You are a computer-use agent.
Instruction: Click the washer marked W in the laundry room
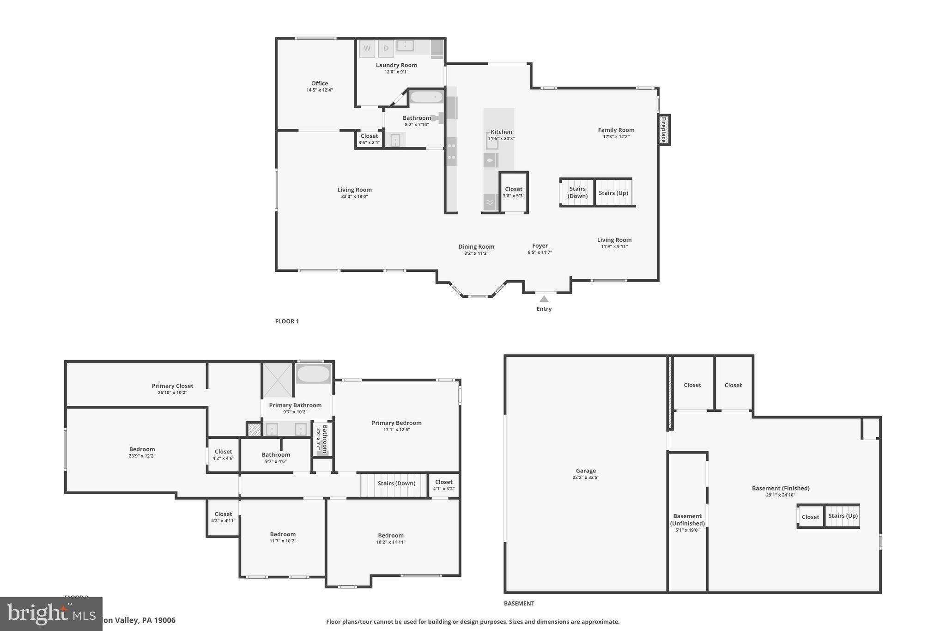[x=367, y=49]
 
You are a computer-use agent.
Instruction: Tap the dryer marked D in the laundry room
[x=386, y=49]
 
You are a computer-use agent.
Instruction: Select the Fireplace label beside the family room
[x=664, y=130]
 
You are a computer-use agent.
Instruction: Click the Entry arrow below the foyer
[x=544, y=299]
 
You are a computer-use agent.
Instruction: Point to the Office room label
[x=320, y=84]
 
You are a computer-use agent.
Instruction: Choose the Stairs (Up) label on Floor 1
[x=613, y=193]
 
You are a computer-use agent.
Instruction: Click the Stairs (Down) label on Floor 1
[x=577, y=192]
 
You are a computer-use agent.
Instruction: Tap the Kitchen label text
[x=501, y=132]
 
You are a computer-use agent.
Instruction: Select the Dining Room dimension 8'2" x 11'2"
[x=476, y=253]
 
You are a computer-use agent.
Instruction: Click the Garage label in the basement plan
[x=586, y=471]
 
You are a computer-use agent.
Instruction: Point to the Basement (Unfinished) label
[x=687, y=520]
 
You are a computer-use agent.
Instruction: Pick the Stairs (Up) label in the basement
[x=843, y=516]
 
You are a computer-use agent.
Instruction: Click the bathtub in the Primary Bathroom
[x=313, y=374]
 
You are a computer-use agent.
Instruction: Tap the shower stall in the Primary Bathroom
[x=278, y=380]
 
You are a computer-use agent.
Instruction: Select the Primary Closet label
[x=172, y=386]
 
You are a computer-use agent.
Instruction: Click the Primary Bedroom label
[x=396, y=423]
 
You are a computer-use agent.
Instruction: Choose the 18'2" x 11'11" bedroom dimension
[x=391, y=542]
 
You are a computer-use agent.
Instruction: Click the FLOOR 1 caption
[x=287, y=321]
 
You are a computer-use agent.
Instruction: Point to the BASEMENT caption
[x=519, y=603]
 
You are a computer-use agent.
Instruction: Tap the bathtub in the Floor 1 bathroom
[x=426, y=97]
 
